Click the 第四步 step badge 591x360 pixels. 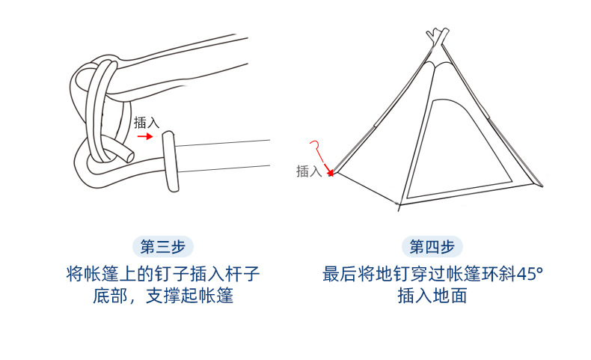pyautogui.click(x=432, y=246)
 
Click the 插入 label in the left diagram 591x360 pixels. pyautogui.click(x=146, y=122)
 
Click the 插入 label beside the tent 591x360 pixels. pyautogui.click(x=308, y=171)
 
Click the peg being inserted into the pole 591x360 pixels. pyautogui.click(x=170, y=162)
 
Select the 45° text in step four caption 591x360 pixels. pyautogui.click(x=528, y=274)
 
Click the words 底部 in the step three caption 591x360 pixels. pyautogui.click(x=110, y=296)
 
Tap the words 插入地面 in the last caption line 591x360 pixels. pyautogui.click(x=432, y=296)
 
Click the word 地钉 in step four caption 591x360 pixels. pyautogui.click(x=393, y=274)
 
